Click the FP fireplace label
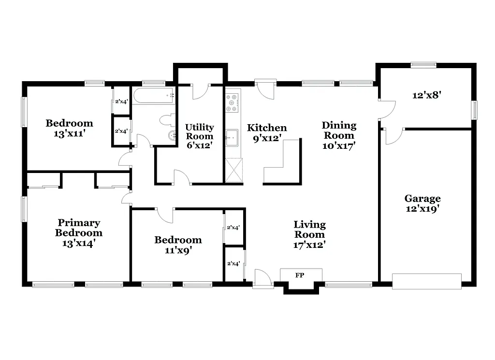tap(301, 275)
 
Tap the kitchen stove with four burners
tap(233, 102)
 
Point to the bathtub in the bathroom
tap(153, 96)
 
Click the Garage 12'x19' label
tap(422, 203)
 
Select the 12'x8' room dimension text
tap(425, 95)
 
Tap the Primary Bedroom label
tap(79, 233)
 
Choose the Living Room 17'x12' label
tap(309, 234)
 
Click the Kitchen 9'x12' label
tap(267, 133)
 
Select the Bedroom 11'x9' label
tap(178, 245)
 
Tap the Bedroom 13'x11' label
tap(69, 128)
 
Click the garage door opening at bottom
tap(426, 281)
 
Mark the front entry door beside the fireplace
tap(263, 279)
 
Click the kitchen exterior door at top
tap(265, 87)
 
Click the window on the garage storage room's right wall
tap(474, 110)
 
